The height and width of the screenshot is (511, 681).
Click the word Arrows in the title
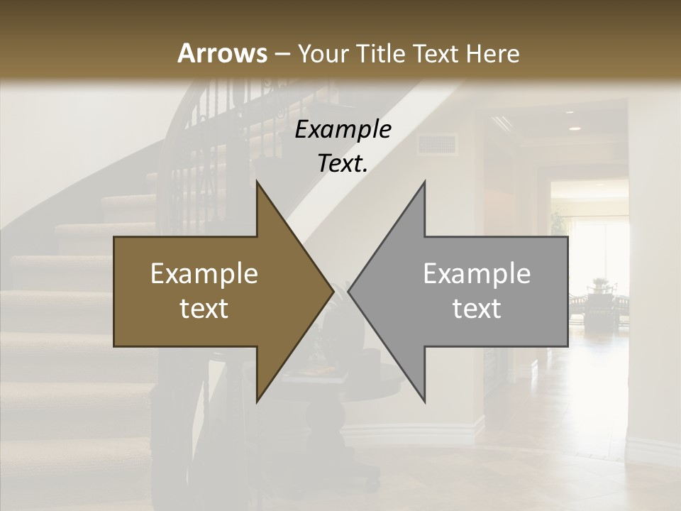[x=223, y=53]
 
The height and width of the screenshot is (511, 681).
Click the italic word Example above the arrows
[x=343, y=130]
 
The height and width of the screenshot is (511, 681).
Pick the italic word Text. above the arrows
[x=343, y=164]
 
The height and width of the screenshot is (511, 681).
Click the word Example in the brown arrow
[x=204, y=274]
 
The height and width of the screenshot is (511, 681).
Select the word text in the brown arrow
[x=204, y=309]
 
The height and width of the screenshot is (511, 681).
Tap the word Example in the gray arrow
[x=477, y=274]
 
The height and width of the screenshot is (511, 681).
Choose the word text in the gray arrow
[x=477, y=309]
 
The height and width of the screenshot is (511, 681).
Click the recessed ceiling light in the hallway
[x=574, y=128]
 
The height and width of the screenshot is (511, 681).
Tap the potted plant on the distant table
[x=600, y=284]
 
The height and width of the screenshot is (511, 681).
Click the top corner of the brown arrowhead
[x=257, y=182]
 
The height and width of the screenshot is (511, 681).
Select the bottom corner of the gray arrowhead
[x=424, y=401]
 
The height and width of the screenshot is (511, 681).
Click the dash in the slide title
[x=281, y=54]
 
